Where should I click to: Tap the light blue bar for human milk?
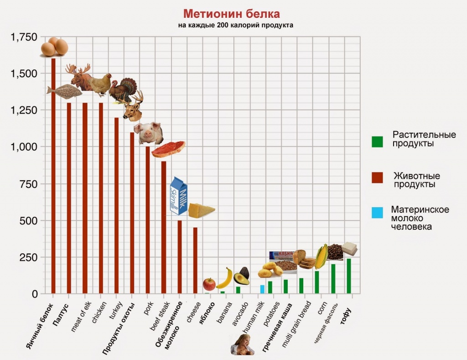[262, 289]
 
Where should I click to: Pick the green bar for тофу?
[349, 276]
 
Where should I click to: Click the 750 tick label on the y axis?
[28, 184]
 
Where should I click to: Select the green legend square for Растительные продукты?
[377, 141]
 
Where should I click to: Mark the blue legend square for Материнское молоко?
[377, 213]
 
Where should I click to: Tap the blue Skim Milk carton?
[178, 197]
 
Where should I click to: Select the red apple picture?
[209, 284]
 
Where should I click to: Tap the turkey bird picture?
[123, 89]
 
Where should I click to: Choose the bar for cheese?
[195, 260]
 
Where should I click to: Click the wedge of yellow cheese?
[201, 211]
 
